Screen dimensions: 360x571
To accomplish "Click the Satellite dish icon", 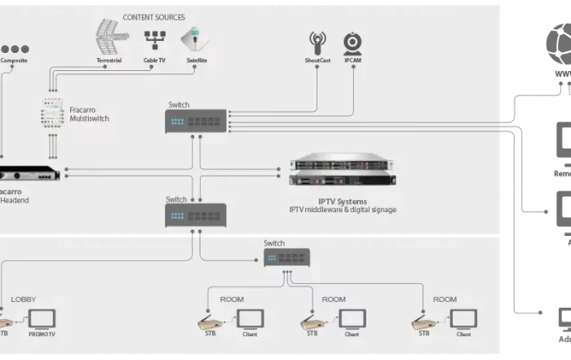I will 191,39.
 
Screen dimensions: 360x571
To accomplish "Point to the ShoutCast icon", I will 317,42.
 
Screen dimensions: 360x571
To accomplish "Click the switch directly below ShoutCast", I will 196,121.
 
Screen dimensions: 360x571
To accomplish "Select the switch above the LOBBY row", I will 196,215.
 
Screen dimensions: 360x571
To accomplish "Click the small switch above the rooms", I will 288,257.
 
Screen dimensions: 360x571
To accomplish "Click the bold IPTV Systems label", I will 343,201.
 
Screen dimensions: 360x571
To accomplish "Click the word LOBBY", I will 23,300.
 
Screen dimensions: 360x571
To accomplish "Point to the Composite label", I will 14,60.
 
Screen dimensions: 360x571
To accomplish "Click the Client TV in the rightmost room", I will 465,318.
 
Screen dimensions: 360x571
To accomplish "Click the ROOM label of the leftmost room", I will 232,300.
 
